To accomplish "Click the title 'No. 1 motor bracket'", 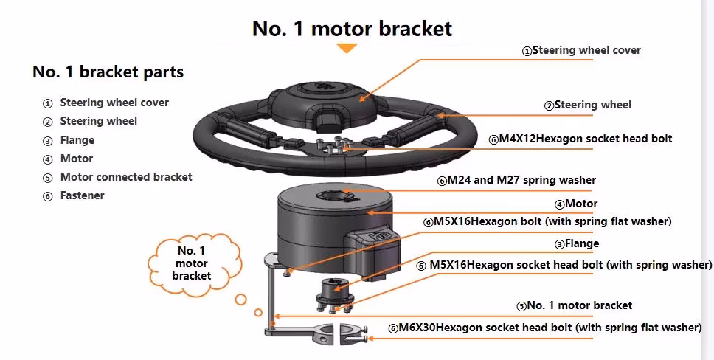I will click(x=352, y=29).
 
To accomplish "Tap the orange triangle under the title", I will click(x=347, y=48).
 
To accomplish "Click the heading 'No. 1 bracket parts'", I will click(x=108, y=72).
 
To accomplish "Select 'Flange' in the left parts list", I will click(x=77, y=140).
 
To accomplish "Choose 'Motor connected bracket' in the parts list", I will click(x=125, y=177).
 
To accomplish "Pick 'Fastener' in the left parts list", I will click(x=82, y=195).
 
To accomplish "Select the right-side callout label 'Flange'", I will click(x=581, y=243).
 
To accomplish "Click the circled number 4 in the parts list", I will click(x=48, y=159).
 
